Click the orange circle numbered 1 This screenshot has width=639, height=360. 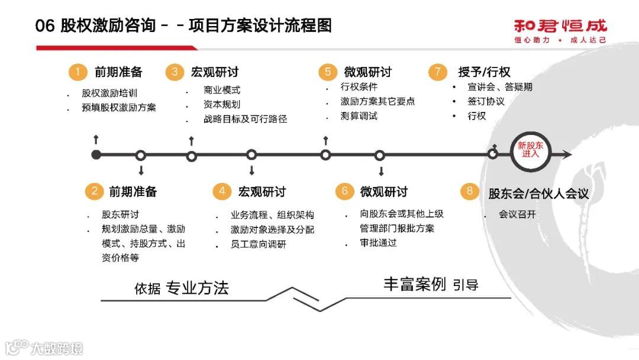[76, 72]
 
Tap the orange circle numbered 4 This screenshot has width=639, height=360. [222, 191]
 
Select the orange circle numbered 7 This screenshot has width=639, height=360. [437, 72]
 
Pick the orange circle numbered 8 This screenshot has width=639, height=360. [470, 191]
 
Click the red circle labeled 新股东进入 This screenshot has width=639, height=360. [530, 150]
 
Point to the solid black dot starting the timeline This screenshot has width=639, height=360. [96, 155]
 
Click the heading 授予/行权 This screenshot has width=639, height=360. [484, 72]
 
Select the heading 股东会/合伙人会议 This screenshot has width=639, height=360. [538, 193]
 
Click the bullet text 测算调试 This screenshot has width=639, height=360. [359, 116]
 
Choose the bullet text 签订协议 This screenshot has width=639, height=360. [486, 101]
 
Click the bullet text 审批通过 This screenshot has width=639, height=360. [378, 243]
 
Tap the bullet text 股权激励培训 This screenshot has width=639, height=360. [109, 93]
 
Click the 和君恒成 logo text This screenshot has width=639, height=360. [560, 26]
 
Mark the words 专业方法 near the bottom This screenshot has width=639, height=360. [197, 288]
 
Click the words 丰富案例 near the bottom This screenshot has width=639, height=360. [414, 284]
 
